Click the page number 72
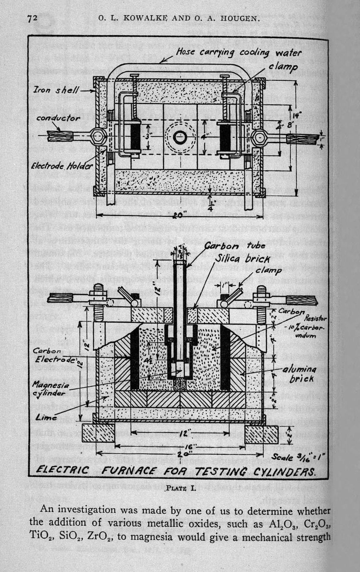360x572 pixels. click(x=33, y=18)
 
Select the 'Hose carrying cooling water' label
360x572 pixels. click(x=239, y=53)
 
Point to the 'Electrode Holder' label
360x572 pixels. click(x=62, y=167)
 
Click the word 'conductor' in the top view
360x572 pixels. click(x=58, y=118)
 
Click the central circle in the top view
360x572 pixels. click(x=180, y=137)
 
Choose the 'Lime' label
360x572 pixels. click(x=46, y=417)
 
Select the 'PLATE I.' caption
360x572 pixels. click(x=180, y=488)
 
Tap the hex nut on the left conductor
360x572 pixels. click(x=97, y=136)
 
